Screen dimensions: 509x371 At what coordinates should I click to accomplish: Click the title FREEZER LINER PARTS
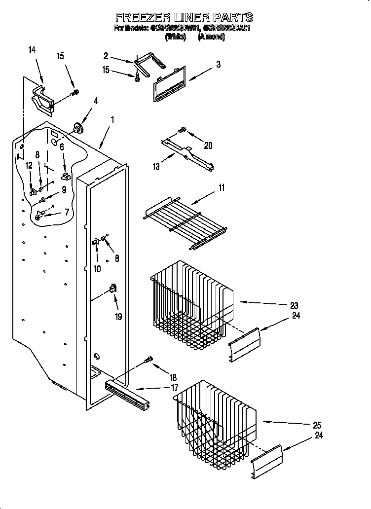click(x=184, y=18)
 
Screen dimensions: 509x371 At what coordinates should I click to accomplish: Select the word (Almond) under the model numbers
click(x=211, y=37)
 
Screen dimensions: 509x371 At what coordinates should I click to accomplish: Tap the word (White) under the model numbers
click(x=175, y=37)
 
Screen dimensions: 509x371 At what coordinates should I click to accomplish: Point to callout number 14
click(x=32, y=50)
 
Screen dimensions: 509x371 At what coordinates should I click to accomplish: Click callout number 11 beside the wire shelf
click(x=222, y=187)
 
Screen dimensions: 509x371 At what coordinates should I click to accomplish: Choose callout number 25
click(x=317, y=425)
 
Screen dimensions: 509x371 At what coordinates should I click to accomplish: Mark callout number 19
click(x=118, y=317)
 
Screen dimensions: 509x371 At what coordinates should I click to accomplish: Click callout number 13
click(x=156, y=167)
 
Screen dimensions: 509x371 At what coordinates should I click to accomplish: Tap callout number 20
click(x=208, y=145)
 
